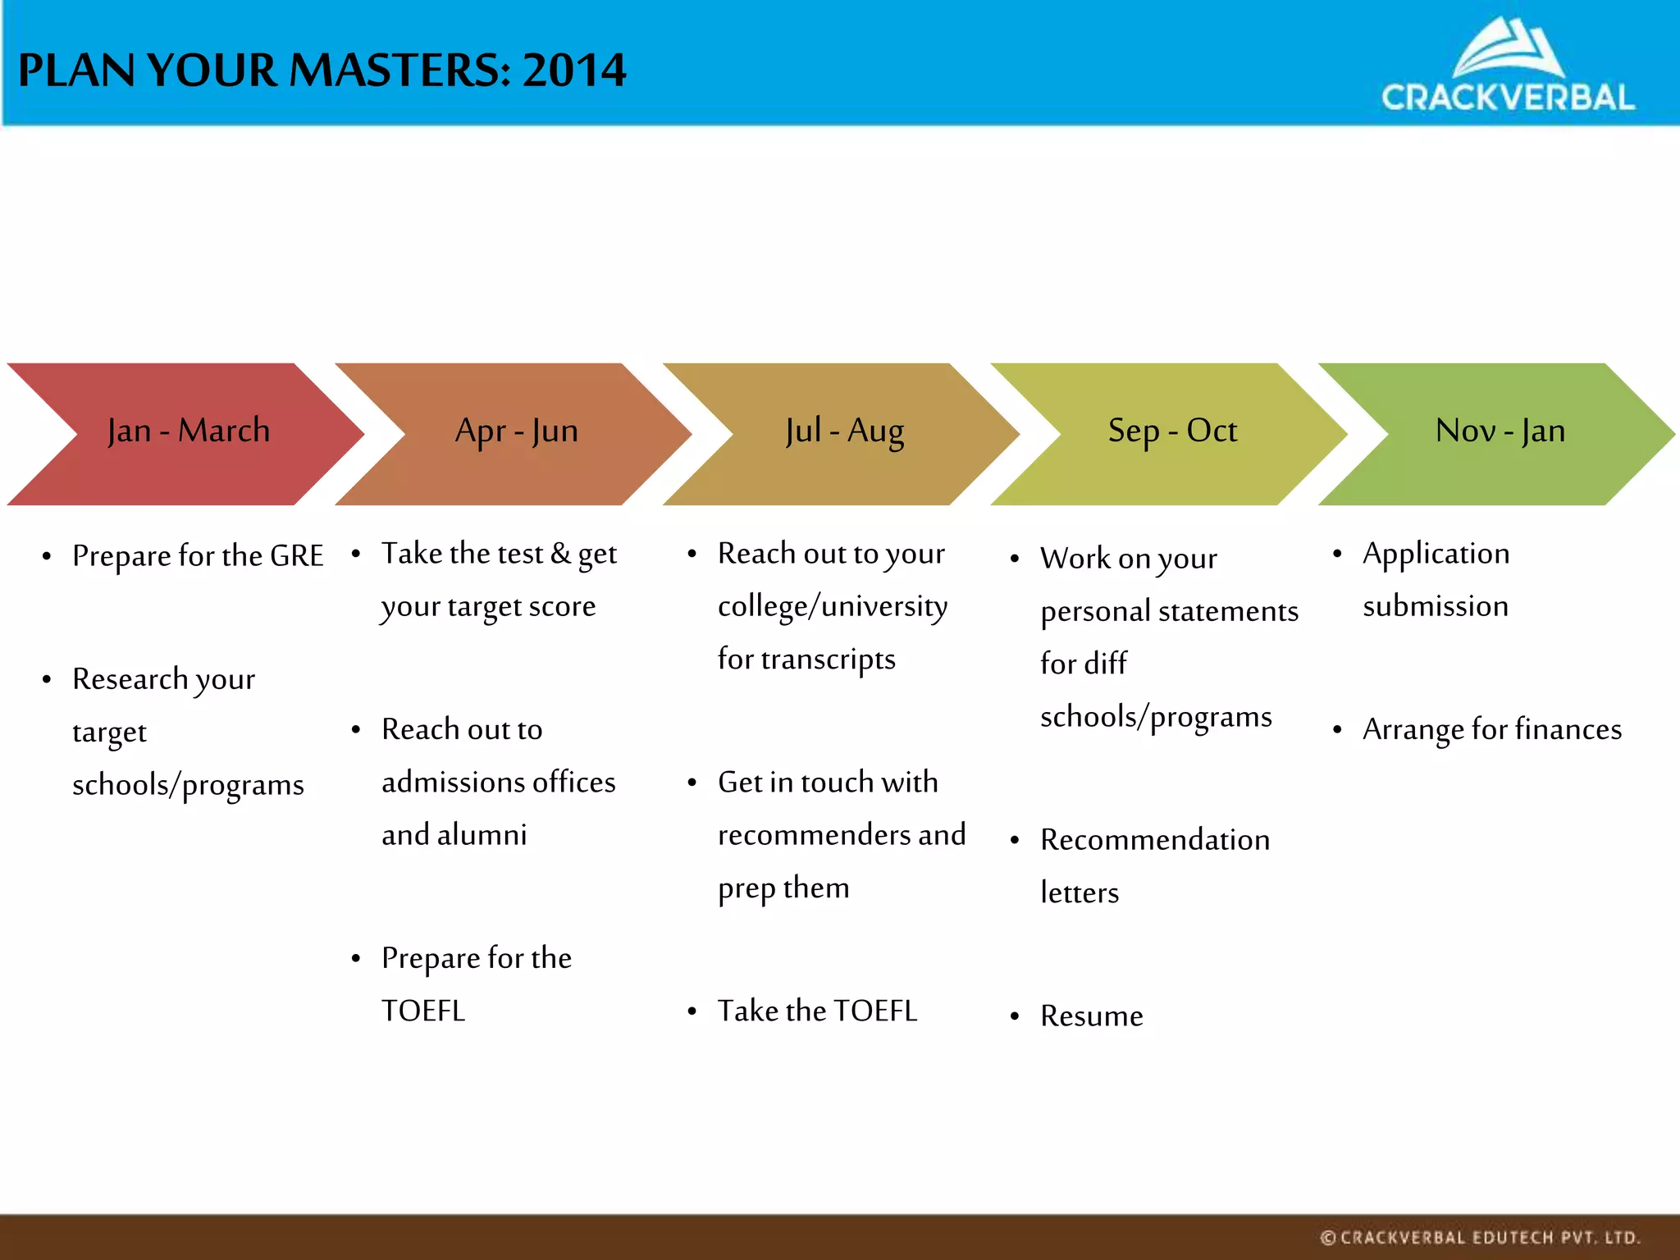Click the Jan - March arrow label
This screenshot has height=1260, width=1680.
pyautogui.click(x=188, y=431)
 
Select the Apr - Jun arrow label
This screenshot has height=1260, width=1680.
pyautogui.click(x=516, y=431)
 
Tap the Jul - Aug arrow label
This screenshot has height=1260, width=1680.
pyautogui.click(x=844, y=431)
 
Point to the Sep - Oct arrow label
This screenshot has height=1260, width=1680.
pyautogui.click(x=1172, y=431)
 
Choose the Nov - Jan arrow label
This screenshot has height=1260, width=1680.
pyautogui.click(x=1500, y=431)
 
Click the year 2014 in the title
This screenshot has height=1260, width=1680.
pyautogui.click(x=574, y=71)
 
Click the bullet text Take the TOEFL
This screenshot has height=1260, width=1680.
pyautogui.click(x=817, y=1011)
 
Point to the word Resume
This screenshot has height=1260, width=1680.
pyautogui.click(x=1091, y=1016)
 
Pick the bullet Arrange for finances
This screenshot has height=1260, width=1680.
pyautogui.click(x=1491, y=729)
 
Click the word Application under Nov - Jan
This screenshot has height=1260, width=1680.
pyautogui.click(x=1436, y=555)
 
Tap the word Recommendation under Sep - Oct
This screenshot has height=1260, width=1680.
pyautogui.click(x=1155, y=840)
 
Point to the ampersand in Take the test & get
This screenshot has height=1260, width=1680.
pyautogui.click(x=560, y=554)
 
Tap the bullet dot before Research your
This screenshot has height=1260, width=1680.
pyautogui.click(x=47, y=680)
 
